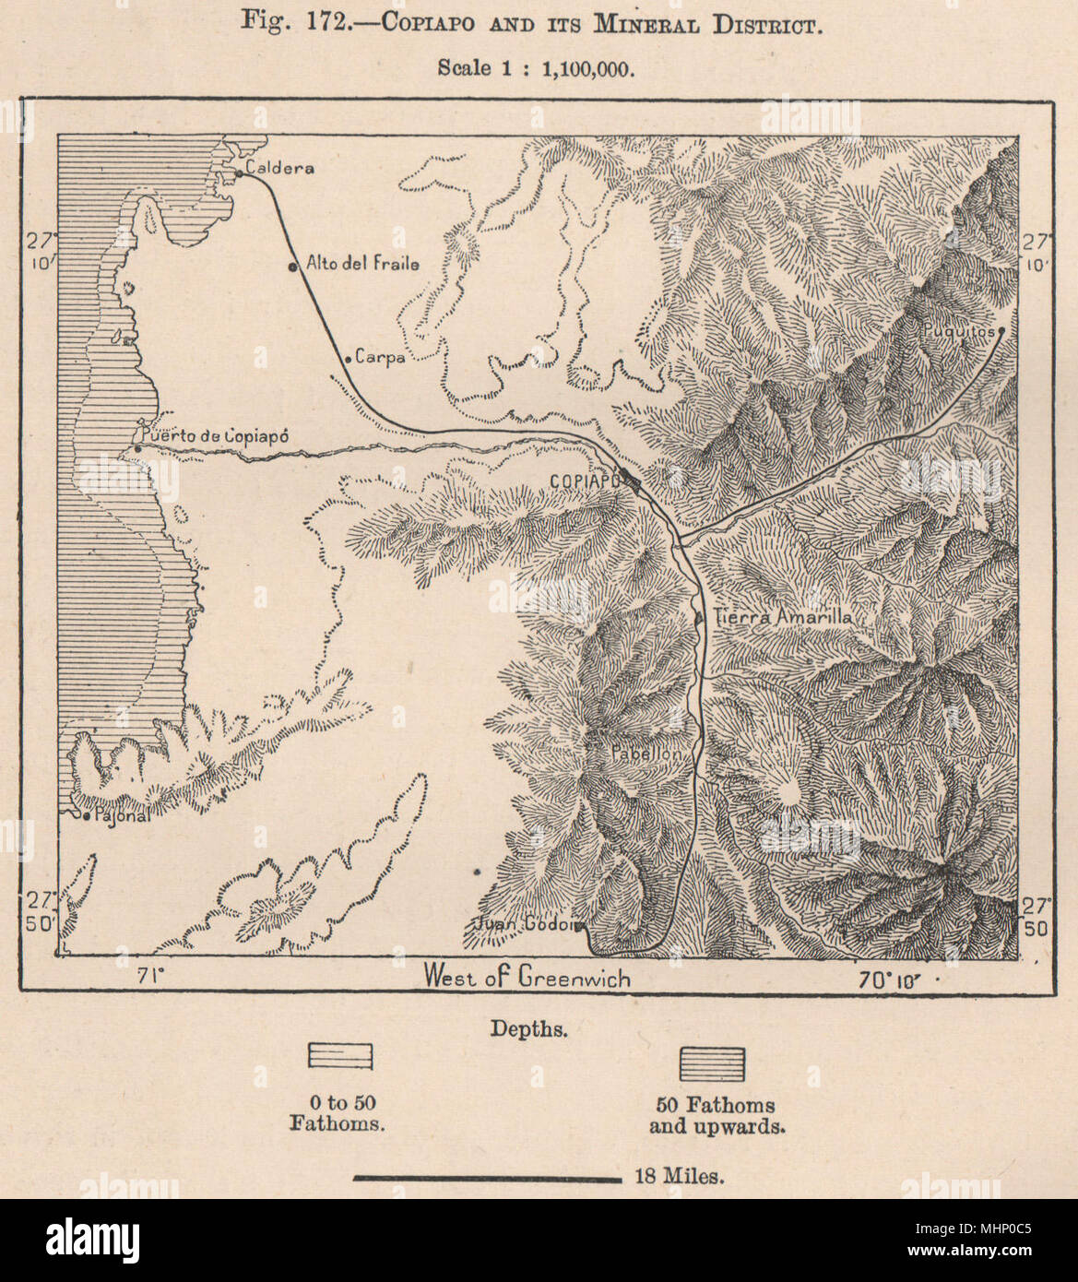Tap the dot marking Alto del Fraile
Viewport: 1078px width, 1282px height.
pyautogui.click(x=292, y=267)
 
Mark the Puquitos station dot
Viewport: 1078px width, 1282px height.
pyautogui.click(x=1001, y=329)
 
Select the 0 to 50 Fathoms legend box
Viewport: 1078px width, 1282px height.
pyautogui.click(x=339, y=1057)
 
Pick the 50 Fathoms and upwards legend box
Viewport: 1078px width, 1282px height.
pyautogui.click(x=712, y=1063)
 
